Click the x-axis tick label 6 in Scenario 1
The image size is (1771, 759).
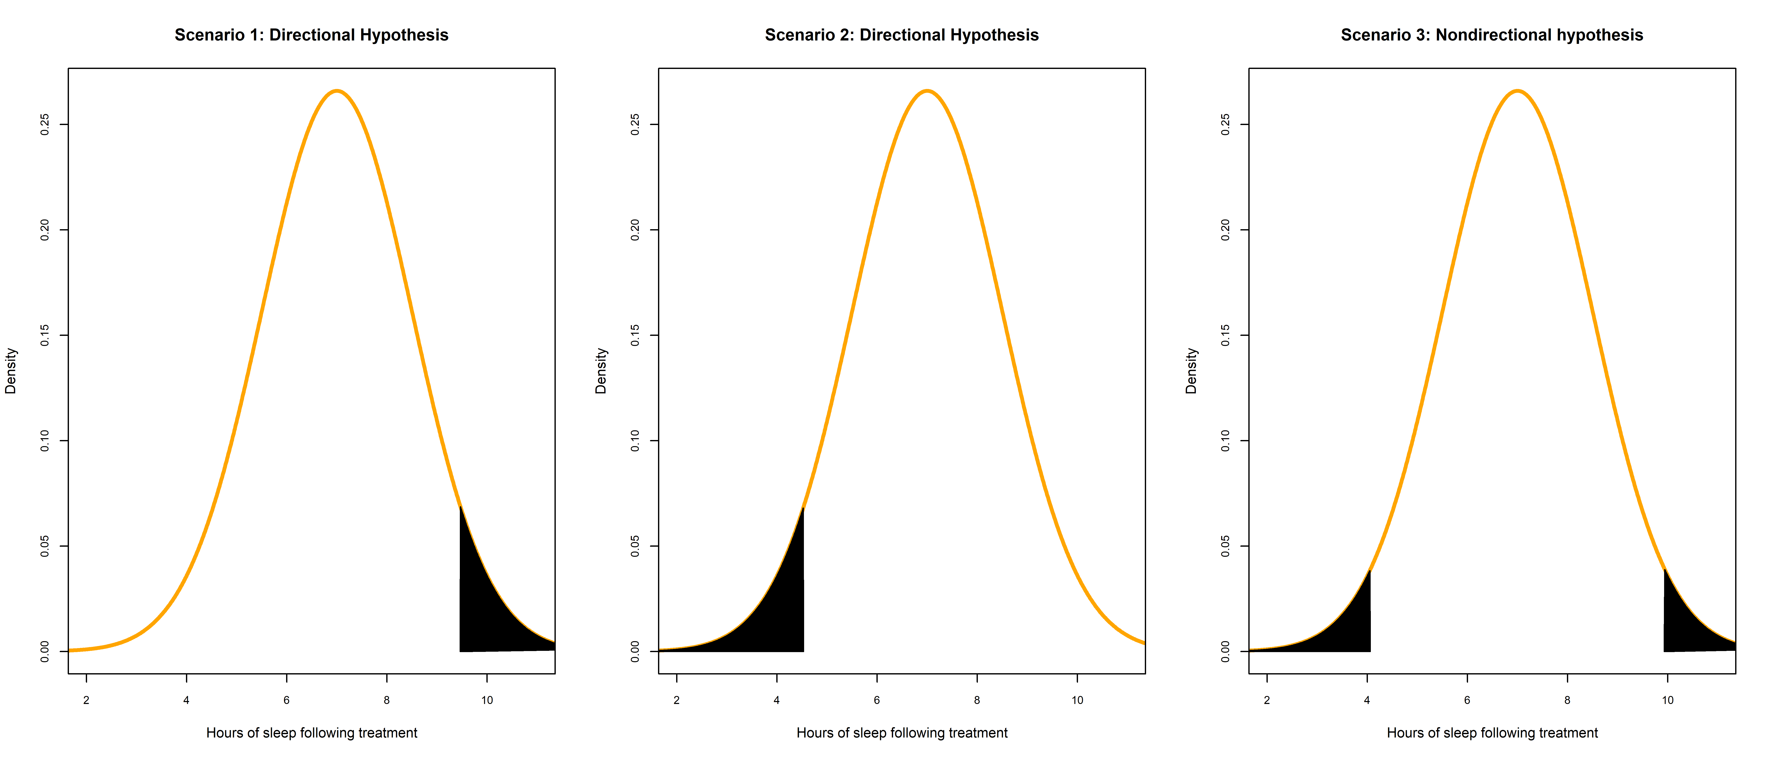click(x=287, y=700)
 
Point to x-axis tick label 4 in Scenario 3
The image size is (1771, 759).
click(x=1367, y=700)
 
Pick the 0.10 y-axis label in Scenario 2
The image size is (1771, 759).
click(x=635, y=441)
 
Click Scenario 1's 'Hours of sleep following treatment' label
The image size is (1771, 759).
click(x=311, y=733)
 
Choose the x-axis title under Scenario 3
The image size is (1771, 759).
click(x=1492, y=733)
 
